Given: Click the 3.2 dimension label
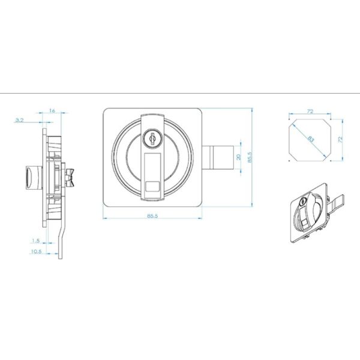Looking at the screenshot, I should (x=19, y=121).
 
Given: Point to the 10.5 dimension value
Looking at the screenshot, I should (x=36, y=251).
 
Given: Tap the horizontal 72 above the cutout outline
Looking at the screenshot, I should (x=310, y=112).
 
